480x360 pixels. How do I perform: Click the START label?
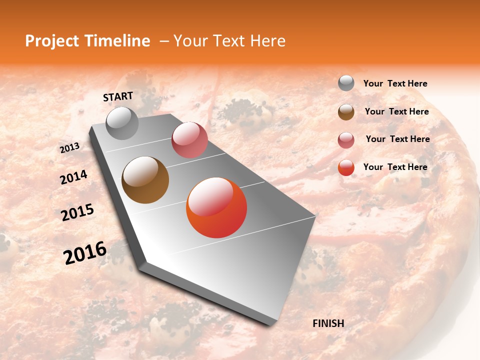[x=118, y=96]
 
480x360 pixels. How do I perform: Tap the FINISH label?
[x=328, y=323]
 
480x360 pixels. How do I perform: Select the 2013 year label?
[x=70, y=148]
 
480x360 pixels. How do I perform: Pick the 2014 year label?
[x=73, y=177]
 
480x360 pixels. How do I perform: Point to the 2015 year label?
[x=77, y=212]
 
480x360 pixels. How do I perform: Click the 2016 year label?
[x=85, y=253]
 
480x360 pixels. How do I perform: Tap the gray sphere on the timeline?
[x=122, y=123]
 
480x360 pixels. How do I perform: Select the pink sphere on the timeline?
[x=189, y=140]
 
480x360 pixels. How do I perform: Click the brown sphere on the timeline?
[x=145, y=180]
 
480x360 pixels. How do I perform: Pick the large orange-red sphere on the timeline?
[x=216, y=208]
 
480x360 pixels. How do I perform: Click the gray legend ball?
[x=346, y=83]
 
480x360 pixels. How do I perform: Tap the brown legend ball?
[x=346, y=112]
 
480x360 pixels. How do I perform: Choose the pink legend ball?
[x=346, y=140]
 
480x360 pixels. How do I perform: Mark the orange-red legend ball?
[x=346, y=167]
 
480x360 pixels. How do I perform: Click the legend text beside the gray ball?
[x=395, y=83]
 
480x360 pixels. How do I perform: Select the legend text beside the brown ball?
[x=396, y=111]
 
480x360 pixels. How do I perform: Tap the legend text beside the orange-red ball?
[x=395, y=167]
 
